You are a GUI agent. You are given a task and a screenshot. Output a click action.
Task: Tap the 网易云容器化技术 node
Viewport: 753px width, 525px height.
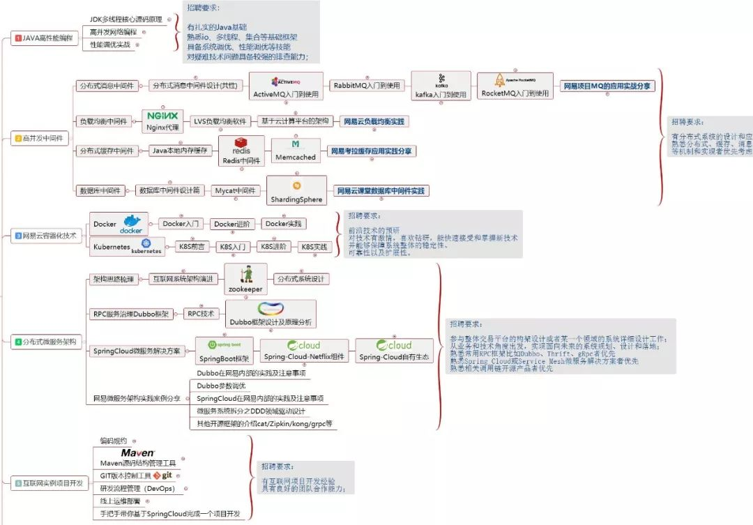pyautogui.click(x=46, y=236)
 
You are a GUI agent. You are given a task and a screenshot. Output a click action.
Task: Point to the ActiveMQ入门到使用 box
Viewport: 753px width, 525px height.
pyautogui.click(x=286, y=86)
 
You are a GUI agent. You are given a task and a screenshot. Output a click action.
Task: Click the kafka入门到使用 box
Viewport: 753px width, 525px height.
pyautogui.click(x=441, y=86)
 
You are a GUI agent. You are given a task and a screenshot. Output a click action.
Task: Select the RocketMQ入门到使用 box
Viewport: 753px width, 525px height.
pyautogui.click(x=515, y=86)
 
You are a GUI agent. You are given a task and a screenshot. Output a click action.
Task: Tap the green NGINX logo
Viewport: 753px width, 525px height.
pyautogui.click(x=162, y=116)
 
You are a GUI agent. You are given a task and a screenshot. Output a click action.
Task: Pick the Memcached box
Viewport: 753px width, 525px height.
pyautogui.click(x=295, y=150)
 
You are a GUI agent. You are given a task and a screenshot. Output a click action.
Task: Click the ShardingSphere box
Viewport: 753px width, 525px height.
pyautogui.click(x=297, y=191)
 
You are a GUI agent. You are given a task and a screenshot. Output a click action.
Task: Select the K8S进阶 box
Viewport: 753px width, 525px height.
pyautogui.click(x=274, y=246)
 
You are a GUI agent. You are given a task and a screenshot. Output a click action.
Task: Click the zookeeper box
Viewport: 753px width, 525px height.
pyautogui.click(x=245, y=279)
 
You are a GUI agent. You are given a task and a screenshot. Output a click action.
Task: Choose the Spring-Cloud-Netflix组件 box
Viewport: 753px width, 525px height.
pyautogui.click(x=304, y=351)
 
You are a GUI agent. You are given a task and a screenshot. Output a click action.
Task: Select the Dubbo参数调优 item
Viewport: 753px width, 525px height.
pyautogui.click(x=222, y=385)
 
